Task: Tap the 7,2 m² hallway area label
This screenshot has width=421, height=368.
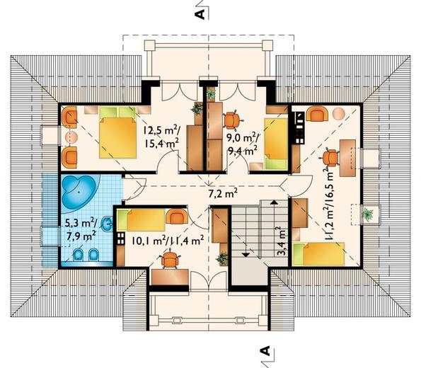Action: [223, 193]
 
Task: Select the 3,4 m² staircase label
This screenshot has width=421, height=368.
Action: [281, 241]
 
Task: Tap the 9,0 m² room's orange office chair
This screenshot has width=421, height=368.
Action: [233, 120]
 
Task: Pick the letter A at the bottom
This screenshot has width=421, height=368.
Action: [265, 350]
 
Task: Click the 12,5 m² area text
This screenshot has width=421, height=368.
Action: [161, 131]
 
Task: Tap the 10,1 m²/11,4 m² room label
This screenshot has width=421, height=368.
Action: [167, 241]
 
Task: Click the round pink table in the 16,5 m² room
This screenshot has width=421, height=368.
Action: [339, 114]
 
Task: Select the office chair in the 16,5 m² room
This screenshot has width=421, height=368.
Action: [330, 159]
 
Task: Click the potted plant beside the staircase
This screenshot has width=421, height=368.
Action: [222, 259]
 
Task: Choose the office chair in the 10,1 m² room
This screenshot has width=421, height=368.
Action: [170, 259]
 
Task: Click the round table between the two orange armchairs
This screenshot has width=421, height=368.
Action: [71, 137]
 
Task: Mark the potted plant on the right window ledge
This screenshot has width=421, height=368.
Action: [367, 214]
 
